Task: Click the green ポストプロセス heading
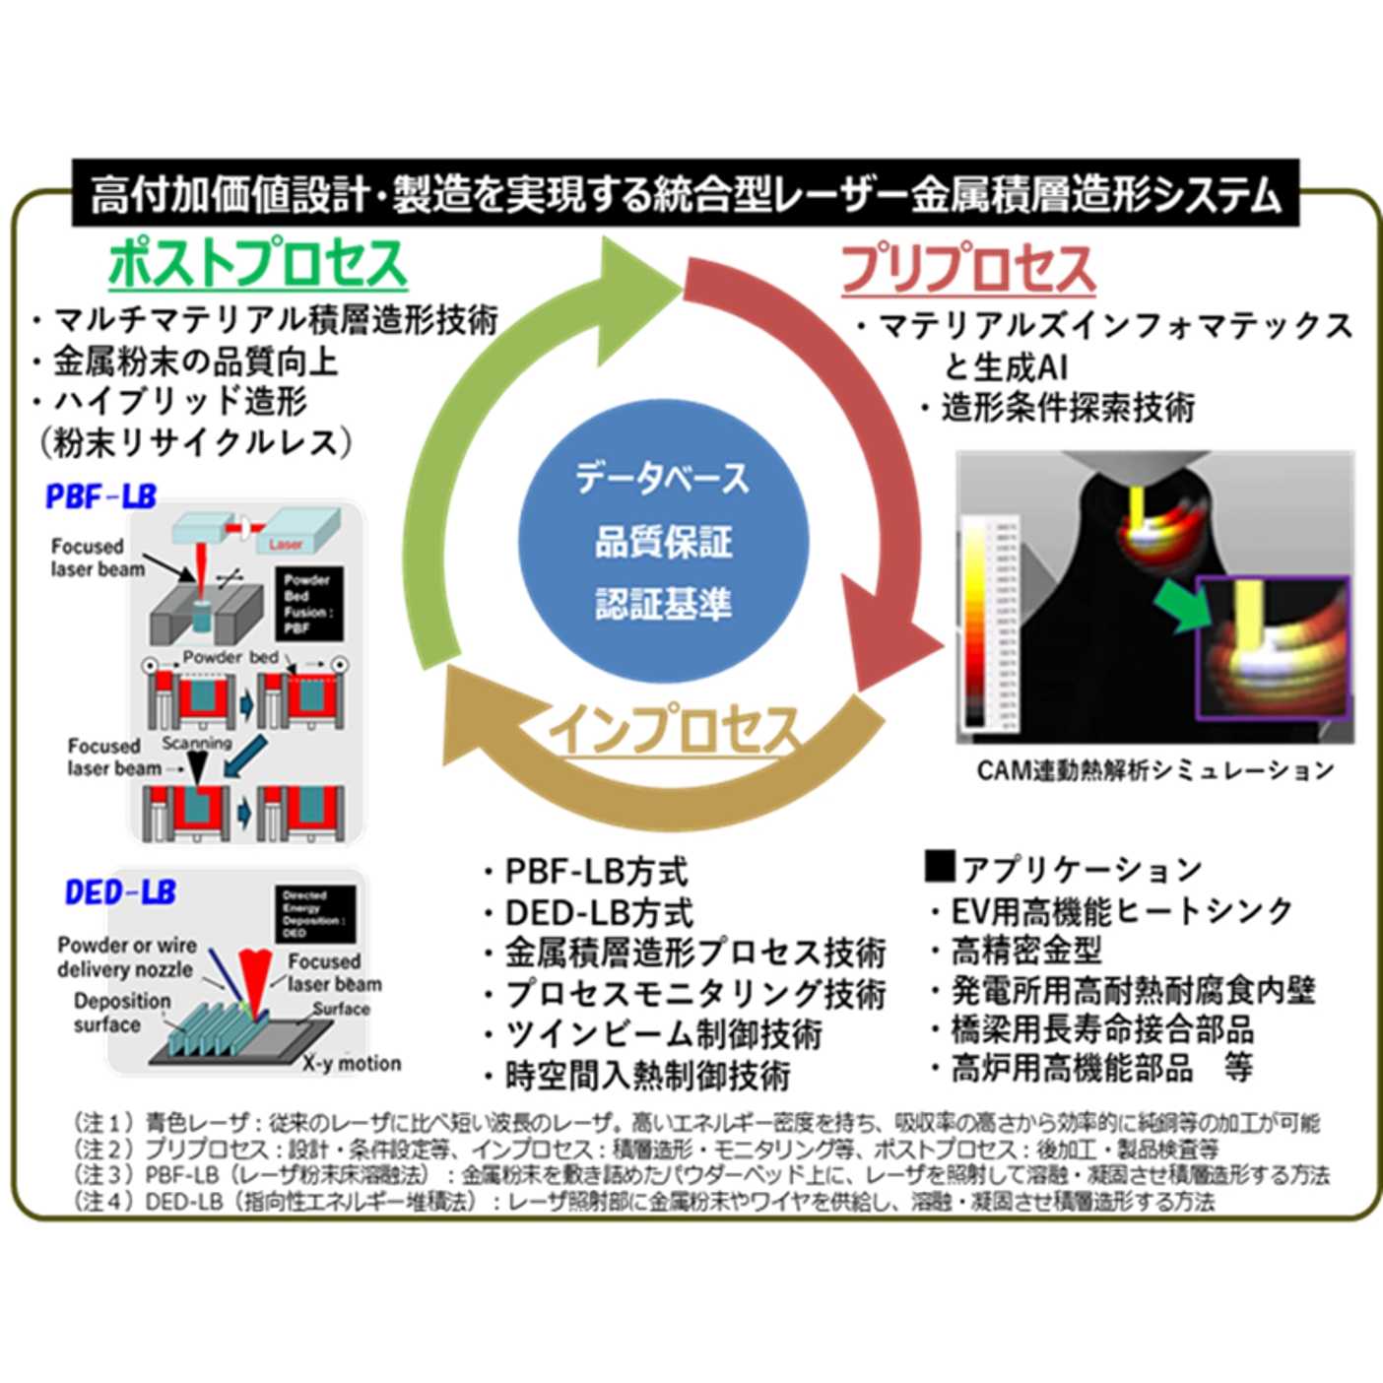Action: [x=257, y=264]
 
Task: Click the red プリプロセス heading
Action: [x=967, y=268]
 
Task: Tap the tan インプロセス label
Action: [x=674, y=730]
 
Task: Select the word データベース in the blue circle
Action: [x=663, y=479]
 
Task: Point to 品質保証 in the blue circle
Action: [x=663, y=542]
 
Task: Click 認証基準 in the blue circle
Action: [x=663, y=604]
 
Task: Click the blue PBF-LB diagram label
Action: [x=100, y=496]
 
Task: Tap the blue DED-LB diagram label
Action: [x=120, y=892]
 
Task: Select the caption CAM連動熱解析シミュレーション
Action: [x=1154, y=770]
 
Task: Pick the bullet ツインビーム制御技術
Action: [x=663, y=1034]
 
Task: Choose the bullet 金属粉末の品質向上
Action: [x=195, y=362]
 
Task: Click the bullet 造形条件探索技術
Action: [x=1068, y=407]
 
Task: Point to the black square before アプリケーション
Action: [x=940, y=866]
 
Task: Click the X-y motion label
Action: [x=352, y=1064]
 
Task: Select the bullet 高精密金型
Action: [x=1025, y=951]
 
